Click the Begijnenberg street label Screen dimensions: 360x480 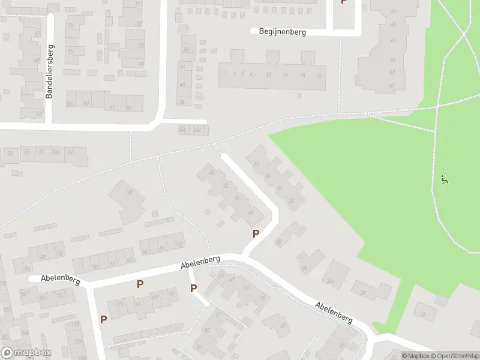[282, 32]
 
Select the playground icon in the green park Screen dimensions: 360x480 [444, 179]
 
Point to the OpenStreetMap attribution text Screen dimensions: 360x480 [452, 356]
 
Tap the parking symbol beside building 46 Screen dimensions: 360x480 [256, 234]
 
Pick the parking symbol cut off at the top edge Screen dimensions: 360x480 [344, 2]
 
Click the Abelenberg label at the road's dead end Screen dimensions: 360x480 [60, 278]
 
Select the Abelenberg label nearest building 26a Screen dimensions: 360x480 [334, 313]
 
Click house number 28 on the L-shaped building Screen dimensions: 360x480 [304, 268]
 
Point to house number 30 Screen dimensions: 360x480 [278, 242]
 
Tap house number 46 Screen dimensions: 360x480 [251, 213]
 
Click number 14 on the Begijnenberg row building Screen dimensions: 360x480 [286, 74]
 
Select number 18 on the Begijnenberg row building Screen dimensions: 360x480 [302, 74]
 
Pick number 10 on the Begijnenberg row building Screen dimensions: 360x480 [268, 74]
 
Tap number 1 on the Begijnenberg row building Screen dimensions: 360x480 [226, 73]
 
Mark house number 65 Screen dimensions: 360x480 [37, 60]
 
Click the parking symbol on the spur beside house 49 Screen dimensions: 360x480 [194, 289]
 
